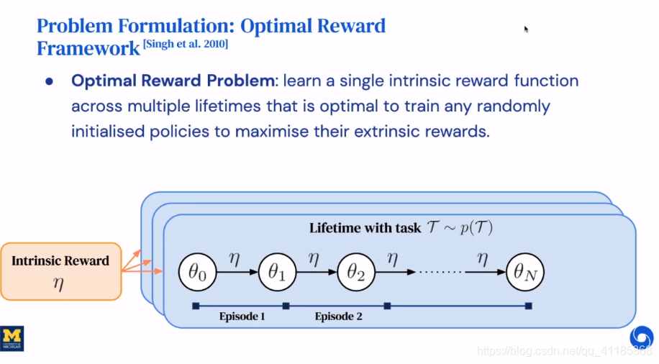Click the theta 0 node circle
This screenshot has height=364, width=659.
click(198, 273)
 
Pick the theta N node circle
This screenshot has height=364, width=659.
click(526, 273)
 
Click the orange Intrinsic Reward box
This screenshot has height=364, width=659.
click(60, 270)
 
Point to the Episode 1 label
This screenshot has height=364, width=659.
click(242, 316)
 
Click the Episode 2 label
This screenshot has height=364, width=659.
click(338, 316)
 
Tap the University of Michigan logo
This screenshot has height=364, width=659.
click(12, 338)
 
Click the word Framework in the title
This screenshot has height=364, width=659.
click(88, 49)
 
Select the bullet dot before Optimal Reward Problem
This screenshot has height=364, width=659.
click(50, 81)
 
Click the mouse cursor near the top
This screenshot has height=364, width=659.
click(526, 29)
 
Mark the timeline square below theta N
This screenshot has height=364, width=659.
click(529, 306)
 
